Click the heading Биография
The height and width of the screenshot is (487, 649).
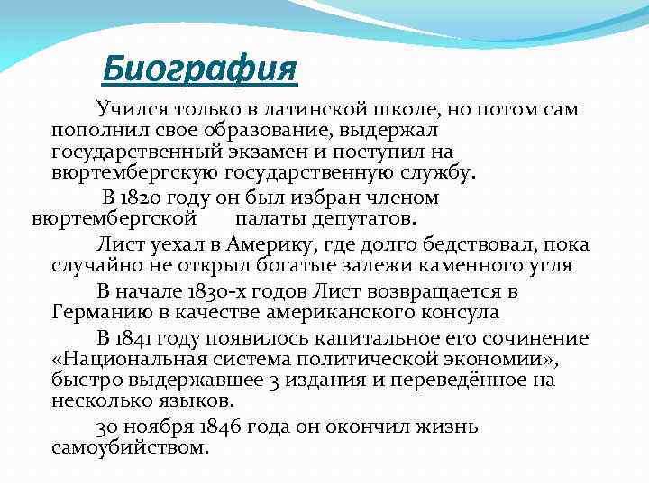pos(198,68)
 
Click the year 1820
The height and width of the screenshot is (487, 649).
pos(152,198)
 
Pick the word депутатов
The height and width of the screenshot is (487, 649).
pos(360,218)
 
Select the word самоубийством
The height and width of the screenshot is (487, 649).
pos(130,447)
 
